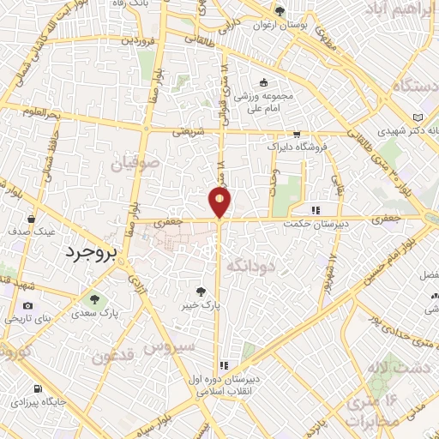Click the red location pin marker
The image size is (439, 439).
pyautogui.click(x=219, y=202)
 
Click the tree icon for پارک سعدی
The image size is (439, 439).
pyautogui.click(x=94, y=299)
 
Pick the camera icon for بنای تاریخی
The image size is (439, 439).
pyautogui.click(x=27, y=306)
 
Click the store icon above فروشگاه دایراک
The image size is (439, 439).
pyautogui.click(x=297, y=135)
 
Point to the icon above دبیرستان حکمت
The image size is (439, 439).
pyautogui.click(x=316, y=209)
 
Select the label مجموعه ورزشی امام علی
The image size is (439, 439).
pyautogui.click(x=264, y=101)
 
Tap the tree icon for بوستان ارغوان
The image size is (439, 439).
pyautogui.click(x=279, y=10)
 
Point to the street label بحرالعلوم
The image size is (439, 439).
pyautogui.click(x=43, y=112)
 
